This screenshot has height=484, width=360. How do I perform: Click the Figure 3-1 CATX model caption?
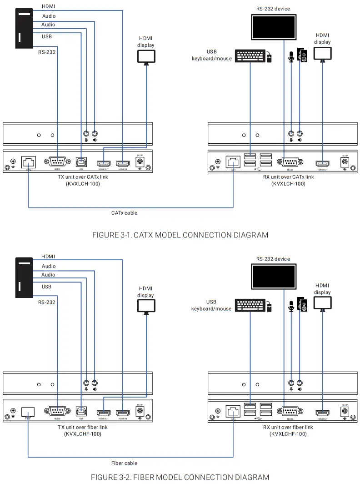click(180, 235)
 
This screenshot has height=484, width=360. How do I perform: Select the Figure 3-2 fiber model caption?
click(180, 477)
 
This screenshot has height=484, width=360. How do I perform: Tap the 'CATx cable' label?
click(124, 212)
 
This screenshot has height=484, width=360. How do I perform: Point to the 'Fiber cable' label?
click(124, 463)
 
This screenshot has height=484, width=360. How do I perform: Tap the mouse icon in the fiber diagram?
click(270, 307)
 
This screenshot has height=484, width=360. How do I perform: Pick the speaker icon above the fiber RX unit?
click(302, 303)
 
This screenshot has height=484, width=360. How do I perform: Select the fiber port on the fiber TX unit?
click(28, 412)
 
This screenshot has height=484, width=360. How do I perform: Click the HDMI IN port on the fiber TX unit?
click(122, 413)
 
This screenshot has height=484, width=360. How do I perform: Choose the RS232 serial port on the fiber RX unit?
click(285, 412)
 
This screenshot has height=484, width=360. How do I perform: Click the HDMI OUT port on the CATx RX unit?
click(323, 163)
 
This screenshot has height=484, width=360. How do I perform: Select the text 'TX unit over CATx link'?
click(82, 177)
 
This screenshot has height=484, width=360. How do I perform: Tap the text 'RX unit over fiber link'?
click(288, 427)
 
